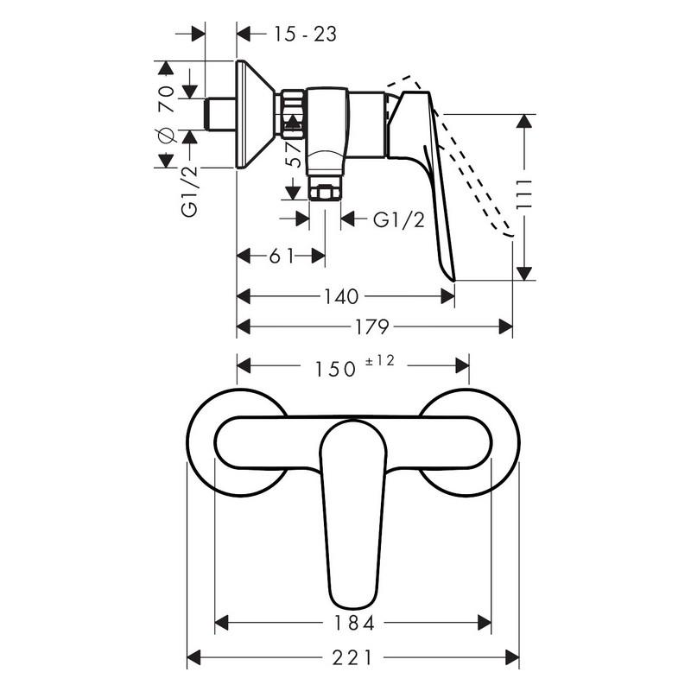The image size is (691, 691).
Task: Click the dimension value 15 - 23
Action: [x=305, y=34]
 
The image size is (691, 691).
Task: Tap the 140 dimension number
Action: [x=341, y=296]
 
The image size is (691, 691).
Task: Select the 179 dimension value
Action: [x=371, y=327]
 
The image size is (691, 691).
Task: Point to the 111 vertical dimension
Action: [x=523, y=194]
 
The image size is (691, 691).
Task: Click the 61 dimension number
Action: [x=282, y=256]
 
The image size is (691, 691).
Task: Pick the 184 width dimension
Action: [x=354, y=623]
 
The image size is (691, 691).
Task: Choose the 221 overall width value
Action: [x=352, y=658]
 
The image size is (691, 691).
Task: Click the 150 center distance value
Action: [x=334, y=370]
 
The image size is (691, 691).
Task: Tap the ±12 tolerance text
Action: [x=380, y=360]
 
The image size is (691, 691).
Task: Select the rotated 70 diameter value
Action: [x=166, y=99]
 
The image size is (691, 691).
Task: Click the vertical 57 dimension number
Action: [x=295, y=155]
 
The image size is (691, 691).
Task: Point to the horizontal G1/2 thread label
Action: [x=399, y=219]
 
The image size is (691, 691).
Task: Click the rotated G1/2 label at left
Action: [x=190, y=192]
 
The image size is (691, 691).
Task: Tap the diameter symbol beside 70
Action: [x=166, y=136]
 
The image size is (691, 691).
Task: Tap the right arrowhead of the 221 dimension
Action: [x=512, y=658]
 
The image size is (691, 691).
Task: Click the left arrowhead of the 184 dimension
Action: [x=222, y=623]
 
